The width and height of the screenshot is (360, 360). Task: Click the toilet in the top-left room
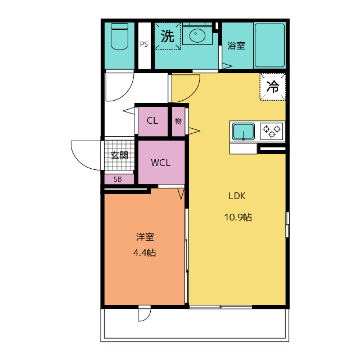click(x=119, y=37)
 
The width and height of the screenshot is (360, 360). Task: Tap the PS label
click(x=144, y=44)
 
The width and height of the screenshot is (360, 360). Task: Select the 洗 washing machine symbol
click(x=168, y=36)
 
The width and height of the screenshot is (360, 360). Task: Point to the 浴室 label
click(x=236, y=46)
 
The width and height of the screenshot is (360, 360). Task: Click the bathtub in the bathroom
click(x=269, y=45)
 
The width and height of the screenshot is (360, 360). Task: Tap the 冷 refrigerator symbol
click(x=272, y=87)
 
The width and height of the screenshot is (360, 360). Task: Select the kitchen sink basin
click(x=244, y=132)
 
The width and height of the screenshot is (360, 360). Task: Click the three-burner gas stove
click(x=272, y=131)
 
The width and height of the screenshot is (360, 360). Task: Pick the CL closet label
click(x=152, y=120)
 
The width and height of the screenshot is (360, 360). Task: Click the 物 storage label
click(x=178, y=121)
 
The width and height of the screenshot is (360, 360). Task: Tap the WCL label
click(x=161, y=163)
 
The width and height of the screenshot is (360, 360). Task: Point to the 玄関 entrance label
click(x=119, y=155)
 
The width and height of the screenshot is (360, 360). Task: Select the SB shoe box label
click(x=118, y=179)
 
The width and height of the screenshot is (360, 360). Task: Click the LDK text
click(x=237, y=196)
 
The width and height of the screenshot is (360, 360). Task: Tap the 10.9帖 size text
click(x=238, y=217)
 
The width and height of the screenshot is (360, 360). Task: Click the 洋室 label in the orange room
click(x=145, y=237)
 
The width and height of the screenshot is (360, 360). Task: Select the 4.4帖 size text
click(x=145, y=253)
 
